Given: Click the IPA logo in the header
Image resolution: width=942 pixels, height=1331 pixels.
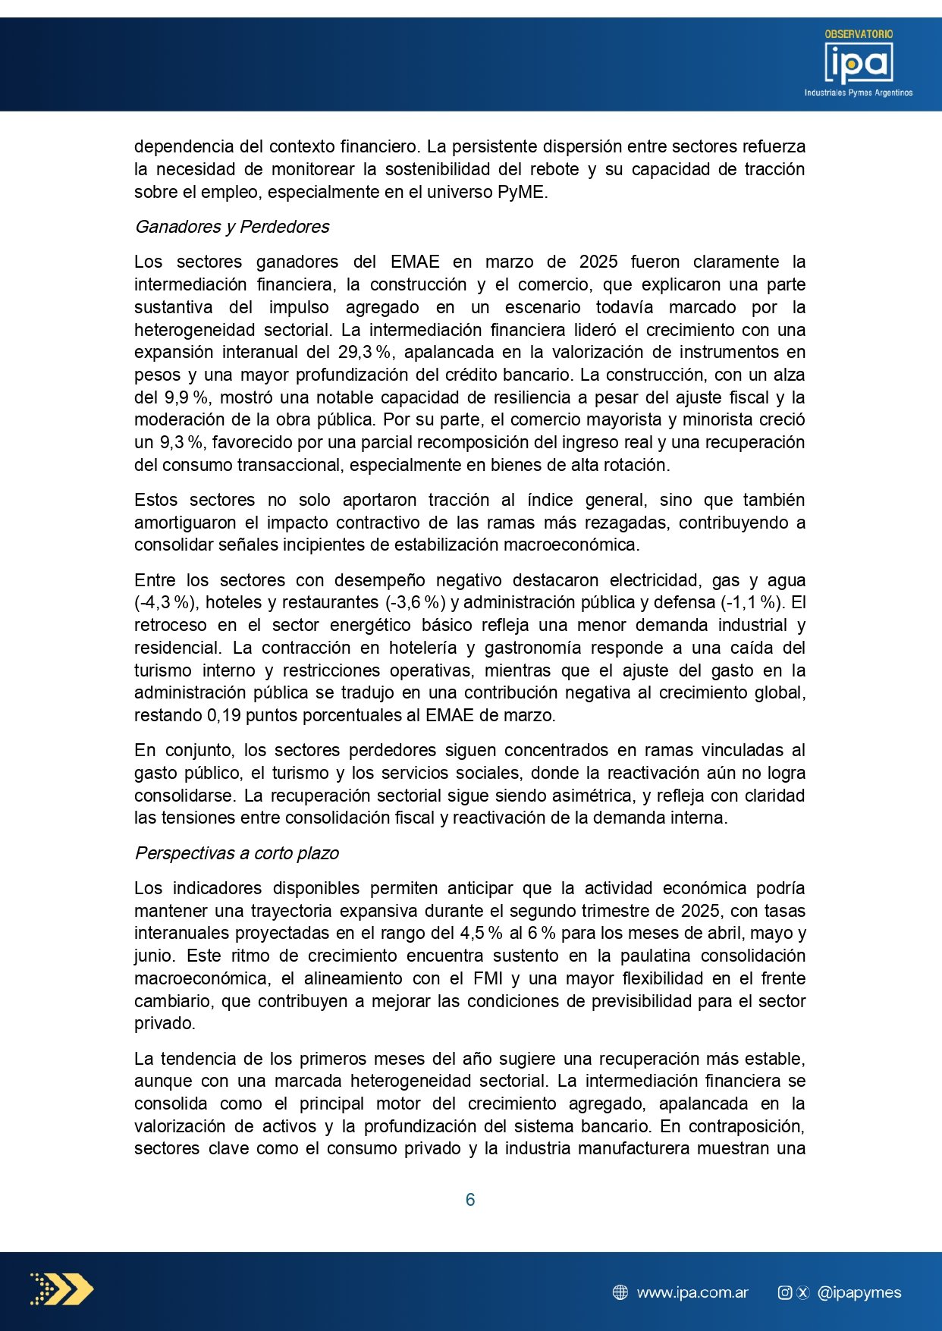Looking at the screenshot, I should tap(859, 64).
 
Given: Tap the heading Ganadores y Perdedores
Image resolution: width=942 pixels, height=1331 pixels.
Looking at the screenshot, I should tap(232, 227).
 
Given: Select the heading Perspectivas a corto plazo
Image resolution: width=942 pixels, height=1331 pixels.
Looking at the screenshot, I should tap(237, 853).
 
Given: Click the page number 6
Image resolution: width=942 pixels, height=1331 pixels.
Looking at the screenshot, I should tap(470, 1200).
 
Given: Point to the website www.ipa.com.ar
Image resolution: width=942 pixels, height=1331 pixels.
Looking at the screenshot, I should tap(692, 1293).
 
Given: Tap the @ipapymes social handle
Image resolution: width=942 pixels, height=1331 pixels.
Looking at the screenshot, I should tap(859, 1293).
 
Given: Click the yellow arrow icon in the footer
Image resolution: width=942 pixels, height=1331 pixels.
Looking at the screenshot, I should tap(62, 1289).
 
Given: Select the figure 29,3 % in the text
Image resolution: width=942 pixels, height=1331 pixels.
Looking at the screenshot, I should tap(365, 352).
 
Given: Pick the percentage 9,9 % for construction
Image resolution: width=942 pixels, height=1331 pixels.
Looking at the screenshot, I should tap(187, 397).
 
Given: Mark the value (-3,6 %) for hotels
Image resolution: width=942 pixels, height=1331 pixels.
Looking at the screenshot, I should tap(415, 602).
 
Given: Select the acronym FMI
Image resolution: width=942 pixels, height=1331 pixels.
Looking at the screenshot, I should tap(488, 978).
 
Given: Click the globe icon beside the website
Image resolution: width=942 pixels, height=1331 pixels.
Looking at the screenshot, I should tap(620, 1293).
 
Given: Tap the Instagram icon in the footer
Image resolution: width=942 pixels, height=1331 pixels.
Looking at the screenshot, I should tap(785, 1293).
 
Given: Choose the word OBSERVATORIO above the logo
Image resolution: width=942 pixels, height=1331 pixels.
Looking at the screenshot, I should tap(859, 34).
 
